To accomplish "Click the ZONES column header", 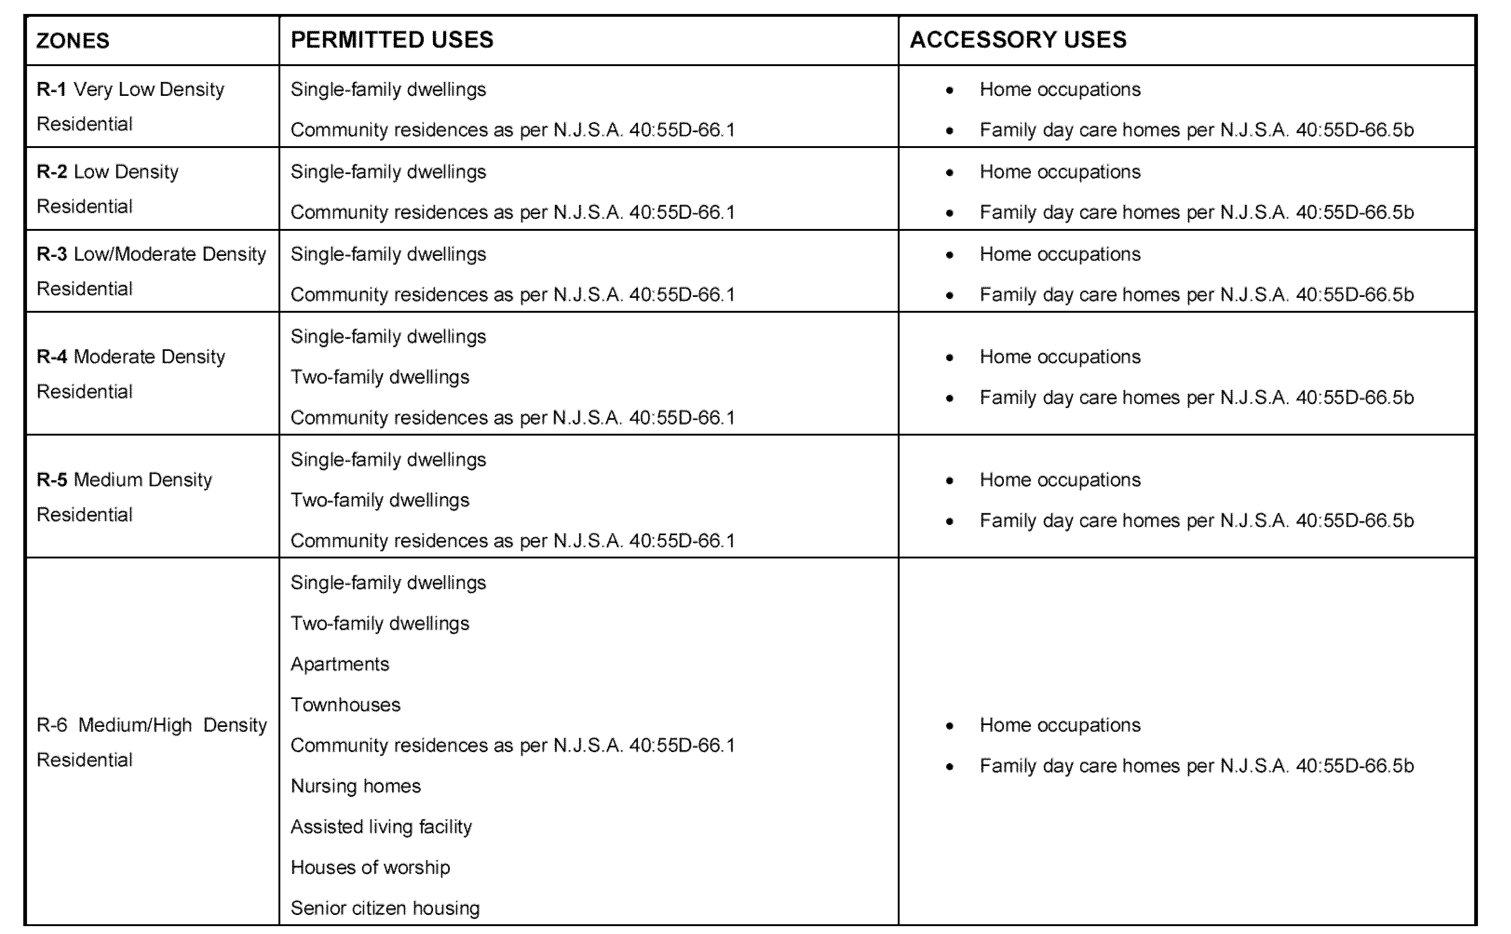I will pyautogui.click(x=73, y=41).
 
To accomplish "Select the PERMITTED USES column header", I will pyautogui.click(x=392, y=40).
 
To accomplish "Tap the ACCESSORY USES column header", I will pyautogui.click(x=1018, y=40).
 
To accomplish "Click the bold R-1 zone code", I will pyautogui.click(x=51, y=89).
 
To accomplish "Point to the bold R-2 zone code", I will pyautogui.click(x=51, y=172).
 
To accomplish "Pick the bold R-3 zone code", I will pyautogui.click(x=51, y=254).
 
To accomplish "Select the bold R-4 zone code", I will pyautogui.click(x=51, y=356).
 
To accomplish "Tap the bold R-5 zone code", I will pyautogui.click(x=51, y=479).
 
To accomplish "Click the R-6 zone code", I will pyautogui.click(x=51, y=725).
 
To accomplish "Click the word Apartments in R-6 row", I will pyautogui.click(x=340, y=664).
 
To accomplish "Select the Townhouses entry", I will pyautogui.click(x=346, y=705).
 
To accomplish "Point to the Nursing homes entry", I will pyautogui.click(x=355, y=786).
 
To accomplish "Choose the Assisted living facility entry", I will pyautogui.click(x=381, y=826).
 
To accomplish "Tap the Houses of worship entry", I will pyautogui.click(x=370, y=867).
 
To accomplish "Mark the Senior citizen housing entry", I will pyautogui.click(x=385, y=908).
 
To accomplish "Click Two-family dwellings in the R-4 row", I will pyautogui.click(x=379, y=377).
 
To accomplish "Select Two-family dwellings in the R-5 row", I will pyautogui.click(x=379, y=500).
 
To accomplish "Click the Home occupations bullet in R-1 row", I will pyautogui.click(x=949, y=90).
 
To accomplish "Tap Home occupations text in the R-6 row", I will pyautogui.click(x=1060, y=725).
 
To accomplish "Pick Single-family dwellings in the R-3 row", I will pyautogui.click(x=388, y=254).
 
